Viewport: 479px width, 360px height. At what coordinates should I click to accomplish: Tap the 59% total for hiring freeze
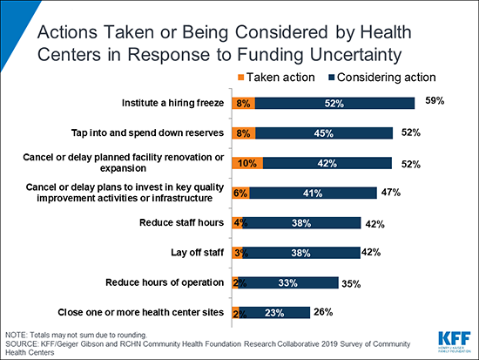point(435,101)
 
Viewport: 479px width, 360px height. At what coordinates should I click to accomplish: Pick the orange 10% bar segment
point(246,162)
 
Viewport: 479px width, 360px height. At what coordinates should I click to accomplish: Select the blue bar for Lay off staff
point(302,253)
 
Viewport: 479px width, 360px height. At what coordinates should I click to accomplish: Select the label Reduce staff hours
point(179,223)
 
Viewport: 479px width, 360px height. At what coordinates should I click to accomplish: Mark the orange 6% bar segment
point(239,193)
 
